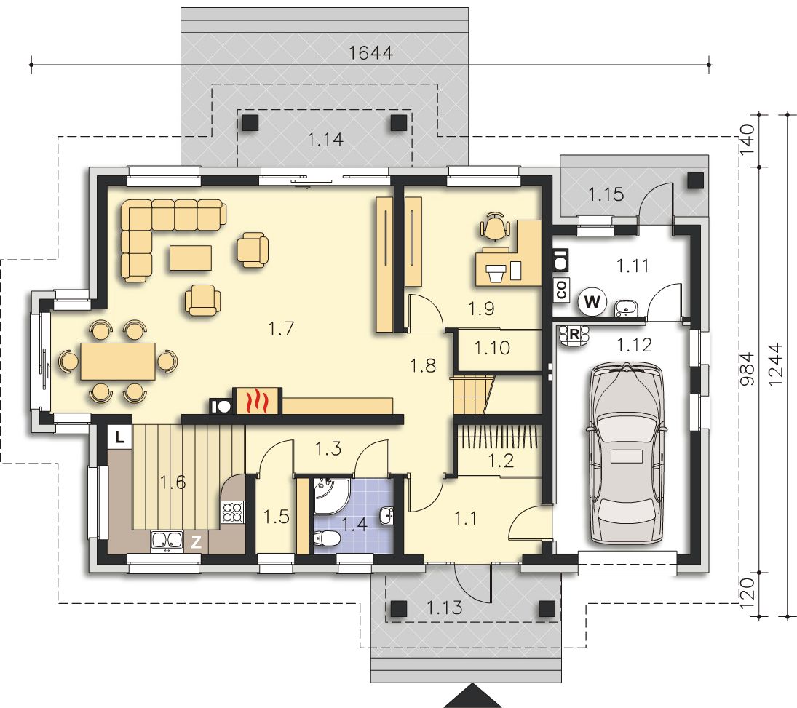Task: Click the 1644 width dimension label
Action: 371,52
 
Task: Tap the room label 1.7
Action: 281,329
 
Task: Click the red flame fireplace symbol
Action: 256,400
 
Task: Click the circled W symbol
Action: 592,302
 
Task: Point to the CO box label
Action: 562,290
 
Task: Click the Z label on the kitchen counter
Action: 196,543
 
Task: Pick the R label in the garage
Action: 574,335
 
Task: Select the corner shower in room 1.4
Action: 331,496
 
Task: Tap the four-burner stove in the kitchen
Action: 233,512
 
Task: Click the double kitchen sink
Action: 167,542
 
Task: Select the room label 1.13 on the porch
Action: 445,608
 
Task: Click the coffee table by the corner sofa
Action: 191,258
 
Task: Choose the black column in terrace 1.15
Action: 696,180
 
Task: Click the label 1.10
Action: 492,348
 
